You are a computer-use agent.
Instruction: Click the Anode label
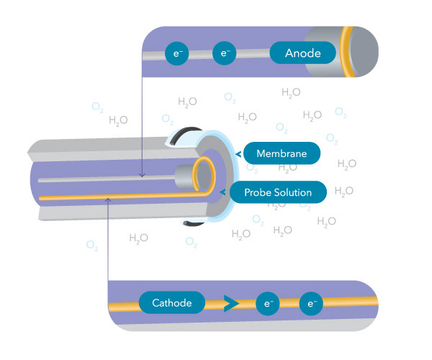[302, 53]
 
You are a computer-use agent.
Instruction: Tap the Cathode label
[171, 303]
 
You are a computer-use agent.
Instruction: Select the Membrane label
[282, 153]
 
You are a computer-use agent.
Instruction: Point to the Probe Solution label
[277, 192]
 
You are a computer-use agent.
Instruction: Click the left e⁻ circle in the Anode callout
[176, 53]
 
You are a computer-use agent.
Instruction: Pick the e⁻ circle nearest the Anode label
[225, 53]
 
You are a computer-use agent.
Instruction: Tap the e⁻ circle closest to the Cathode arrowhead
[266, 303]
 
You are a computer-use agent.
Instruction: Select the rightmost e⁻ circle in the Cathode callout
[311, 303]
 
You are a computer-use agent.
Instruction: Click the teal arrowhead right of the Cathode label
[230, 304]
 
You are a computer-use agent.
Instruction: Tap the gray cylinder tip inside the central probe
[186, 175]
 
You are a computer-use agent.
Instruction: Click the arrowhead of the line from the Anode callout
[143, 175]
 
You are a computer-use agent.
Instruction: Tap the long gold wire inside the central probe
[115, 197]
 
